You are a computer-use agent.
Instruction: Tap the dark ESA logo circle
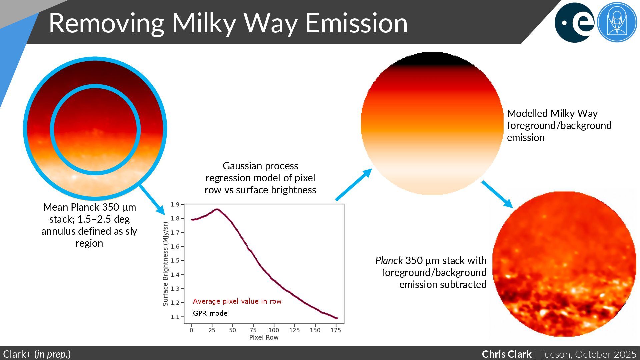pyautogui.click(x=574, y=23)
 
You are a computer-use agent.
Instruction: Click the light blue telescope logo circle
pyautogui.click(x=617, y=23)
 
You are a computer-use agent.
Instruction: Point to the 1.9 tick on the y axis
pyautogui.click(x=175, y=204)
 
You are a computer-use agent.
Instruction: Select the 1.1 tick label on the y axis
pyautogui.click(x=175, y=317)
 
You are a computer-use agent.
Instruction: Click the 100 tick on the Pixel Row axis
pyautogui.click(x=274, y=330)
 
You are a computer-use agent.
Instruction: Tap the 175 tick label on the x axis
pyautogui.click(x=336, y=330)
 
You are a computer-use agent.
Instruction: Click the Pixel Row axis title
pyautogui.click(x=264, y=337)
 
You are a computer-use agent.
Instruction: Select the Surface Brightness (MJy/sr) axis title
pyautogui.click(x=165, y=264)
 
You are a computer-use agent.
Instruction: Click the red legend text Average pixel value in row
pyautogui.click(x=237, y=301)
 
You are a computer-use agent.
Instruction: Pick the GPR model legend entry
pyautogui.click(x=211, y=313)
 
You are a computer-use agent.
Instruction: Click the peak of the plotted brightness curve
pyautogui.click(x=217, y=209)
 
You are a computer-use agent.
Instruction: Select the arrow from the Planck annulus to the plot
pyautogui.click(x=152, y=199)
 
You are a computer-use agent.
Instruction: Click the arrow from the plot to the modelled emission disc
pyautogui.click(x=354, y=185)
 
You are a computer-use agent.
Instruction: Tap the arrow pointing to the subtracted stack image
pyautogui.click(x=497, y=194)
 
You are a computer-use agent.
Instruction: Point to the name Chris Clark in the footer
pyautogui.click(x=506, y=354)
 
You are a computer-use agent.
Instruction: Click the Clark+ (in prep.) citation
pyautogui.click(x=37, y=354)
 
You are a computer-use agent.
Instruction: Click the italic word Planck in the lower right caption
pyautogui.click(x=389, y=260)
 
